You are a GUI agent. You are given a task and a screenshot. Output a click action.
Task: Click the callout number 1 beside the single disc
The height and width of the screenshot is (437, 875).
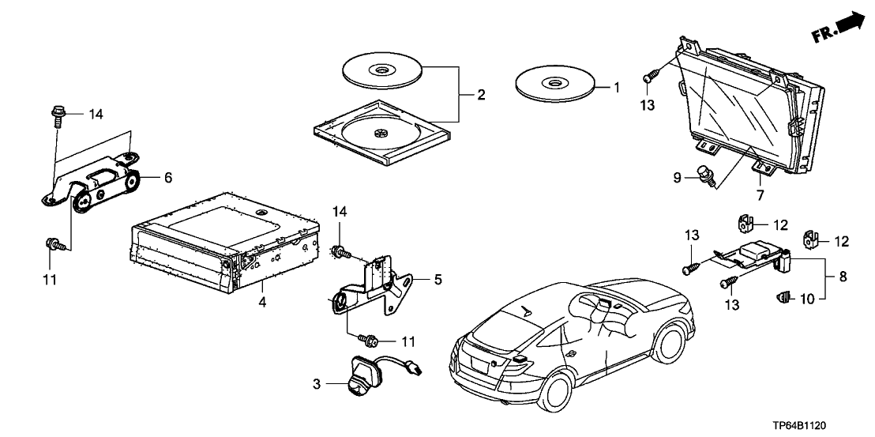(618, 86)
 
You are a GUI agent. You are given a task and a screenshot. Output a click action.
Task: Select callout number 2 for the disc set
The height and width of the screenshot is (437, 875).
(480, 95)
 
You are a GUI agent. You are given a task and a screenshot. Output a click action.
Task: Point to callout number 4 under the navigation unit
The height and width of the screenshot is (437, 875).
(264, 300)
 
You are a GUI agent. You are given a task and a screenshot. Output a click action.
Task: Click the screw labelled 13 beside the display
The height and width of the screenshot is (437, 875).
(649, 77)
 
